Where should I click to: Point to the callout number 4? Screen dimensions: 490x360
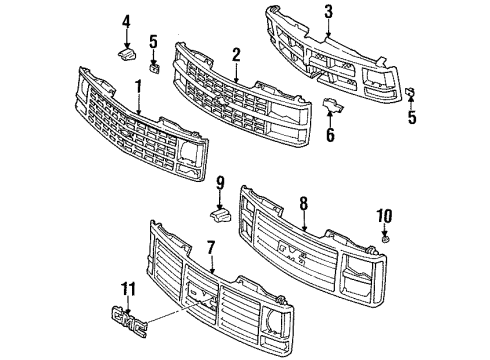(126, 21)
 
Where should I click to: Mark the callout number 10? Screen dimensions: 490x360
(385, 213)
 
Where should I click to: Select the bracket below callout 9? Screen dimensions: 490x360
(220, 211)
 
